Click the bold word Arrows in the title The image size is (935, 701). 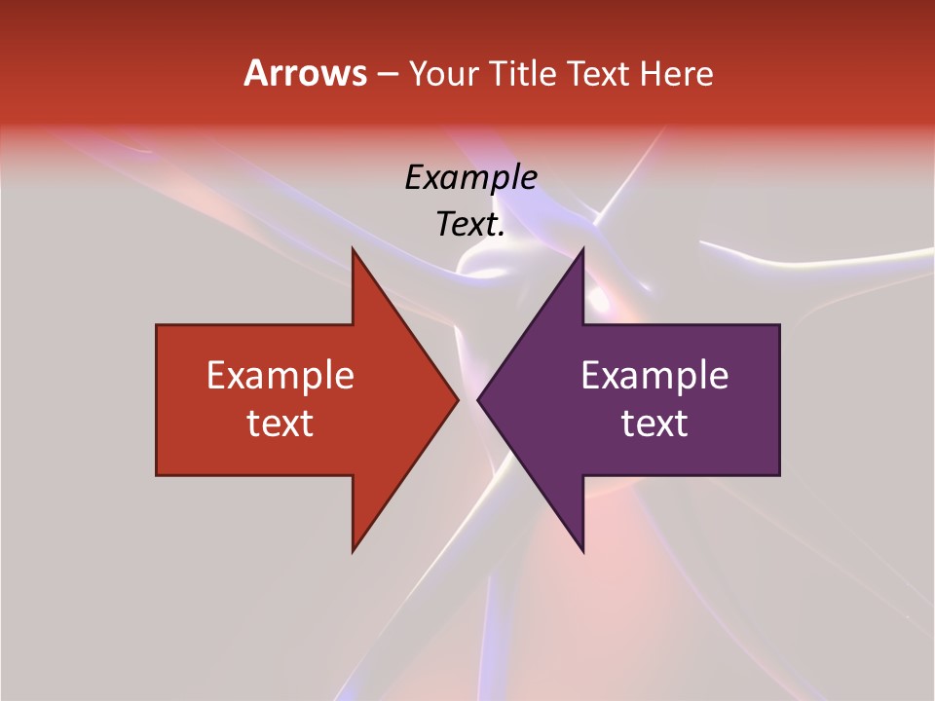point(305,73)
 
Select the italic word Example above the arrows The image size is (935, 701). point(470,177)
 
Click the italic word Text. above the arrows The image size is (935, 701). point(470,224)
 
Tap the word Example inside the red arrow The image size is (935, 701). point(280,375)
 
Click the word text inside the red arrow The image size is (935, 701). point(280,423)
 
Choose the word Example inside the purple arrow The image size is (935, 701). point(654,375)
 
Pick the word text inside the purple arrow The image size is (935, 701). point(654,423)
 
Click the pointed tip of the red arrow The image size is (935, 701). point(457,399)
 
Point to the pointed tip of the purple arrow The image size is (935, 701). point(478,399)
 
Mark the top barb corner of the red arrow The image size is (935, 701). point(353,249)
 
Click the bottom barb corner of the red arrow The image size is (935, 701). point(353,551)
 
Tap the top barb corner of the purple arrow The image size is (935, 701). point(582,249)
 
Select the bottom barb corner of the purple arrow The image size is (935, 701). point(582,551)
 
